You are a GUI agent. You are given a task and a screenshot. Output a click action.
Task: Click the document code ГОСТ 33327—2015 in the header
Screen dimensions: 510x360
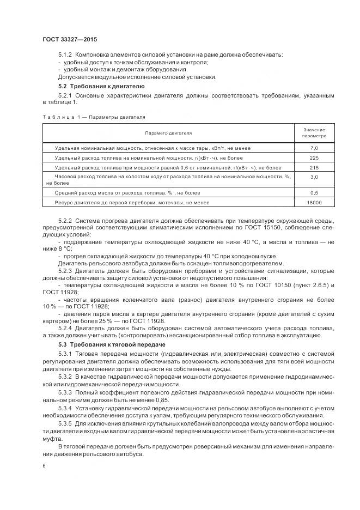point(69,39)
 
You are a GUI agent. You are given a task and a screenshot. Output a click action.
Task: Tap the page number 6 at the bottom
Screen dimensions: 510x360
point(44,466)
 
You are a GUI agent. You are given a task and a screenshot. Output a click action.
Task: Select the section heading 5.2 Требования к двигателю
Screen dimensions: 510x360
point(101,86)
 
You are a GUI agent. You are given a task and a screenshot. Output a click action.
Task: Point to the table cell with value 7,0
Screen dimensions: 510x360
point(314,148)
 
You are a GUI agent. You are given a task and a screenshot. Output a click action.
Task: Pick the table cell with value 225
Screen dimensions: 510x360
point(314,157)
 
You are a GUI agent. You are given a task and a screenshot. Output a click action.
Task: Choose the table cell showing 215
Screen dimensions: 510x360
point(314,167)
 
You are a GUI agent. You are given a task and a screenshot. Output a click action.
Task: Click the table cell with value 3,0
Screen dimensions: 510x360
point(314,177)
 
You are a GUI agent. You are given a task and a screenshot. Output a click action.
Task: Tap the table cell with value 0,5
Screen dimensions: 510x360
point(314,192)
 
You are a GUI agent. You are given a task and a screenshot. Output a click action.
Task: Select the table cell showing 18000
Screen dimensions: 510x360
point(314,202)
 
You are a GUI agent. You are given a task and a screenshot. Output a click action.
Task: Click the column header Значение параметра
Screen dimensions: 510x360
point(314,132)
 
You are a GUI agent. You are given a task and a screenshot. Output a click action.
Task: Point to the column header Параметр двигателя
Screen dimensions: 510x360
point(168,132)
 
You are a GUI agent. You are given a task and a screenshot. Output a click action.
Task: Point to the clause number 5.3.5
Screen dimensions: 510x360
point(65,423)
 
